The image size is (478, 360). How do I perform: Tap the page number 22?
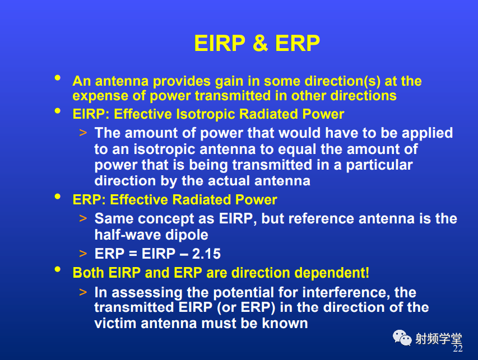(458, 348)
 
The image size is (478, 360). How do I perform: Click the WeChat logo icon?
(402, 338)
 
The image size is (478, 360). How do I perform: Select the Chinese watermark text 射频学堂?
(438, 338)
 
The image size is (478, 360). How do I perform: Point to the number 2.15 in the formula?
(206, 254)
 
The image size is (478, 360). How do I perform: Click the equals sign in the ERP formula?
(133, 254)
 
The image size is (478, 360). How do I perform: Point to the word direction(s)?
(342, 81)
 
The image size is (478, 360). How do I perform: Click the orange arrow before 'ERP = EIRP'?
(83, 254)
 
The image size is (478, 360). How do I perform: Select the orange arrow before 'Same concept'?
(83, 218)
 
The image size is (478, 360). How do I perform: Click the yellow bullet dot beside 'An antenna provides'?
(57, 78)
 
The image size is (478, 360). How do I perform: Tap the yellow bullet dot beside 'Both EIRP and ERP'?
(57, 269)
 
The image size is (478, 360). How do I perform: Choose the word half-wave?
(128, 235)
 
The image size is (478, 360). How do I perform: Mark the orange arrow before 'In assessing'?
(83, 292)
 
